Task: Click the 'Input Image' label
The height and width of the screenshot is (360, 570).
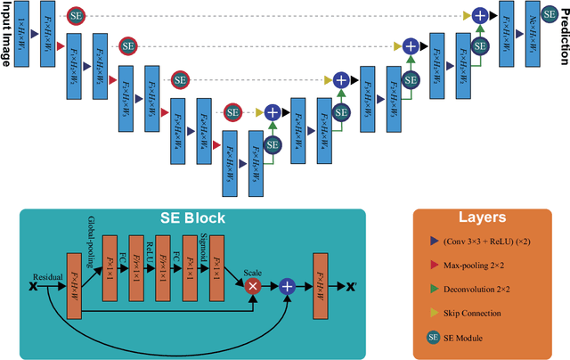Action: coord(7,33)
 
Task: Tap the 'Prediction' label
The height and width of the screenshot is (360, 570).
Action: coord(562,33)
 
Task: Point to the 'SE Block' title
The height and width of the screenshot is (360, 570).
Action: coord(192,218)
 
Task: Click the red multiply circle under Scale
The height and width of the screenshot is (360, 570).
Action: coord(252,286)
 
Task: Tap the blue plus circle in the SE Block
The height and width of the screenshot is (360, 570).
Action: coord(287,286)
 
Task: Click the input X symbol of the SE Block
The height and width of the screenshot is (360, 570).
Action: coord(34,287)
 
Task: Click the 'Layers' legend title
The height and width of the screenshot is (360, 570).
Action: coord(481,217)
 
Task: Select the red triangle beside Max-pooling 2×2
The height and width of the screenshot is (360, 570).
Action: coord(433,266)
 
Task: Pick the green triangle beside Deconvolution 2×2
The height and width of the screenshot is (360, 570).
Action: coord(433,290)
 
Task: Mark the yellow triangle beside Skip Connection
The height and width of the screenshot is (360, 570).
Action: coord(433,313)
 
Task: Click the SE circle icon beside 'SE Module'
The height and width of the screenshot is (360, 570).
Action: coord(433,338)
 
